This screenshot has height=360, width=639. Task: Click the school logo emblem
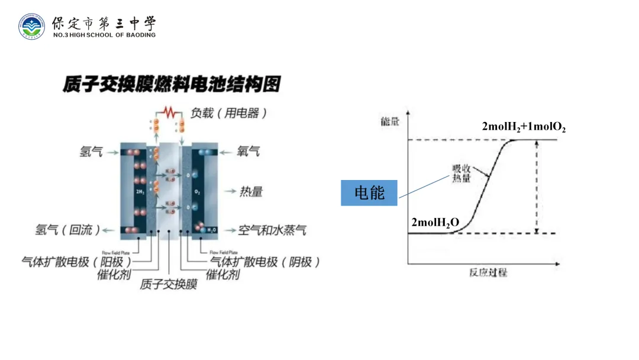pos(31,26)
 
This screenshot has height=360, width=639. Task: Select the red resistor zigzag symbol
pos(170,112)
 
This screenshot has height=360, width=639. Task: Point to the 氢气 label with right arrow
pos(91,152)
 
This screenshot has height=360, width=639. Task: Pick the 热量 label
pos(251,191)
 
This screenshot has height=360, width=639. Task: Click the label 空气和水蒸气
pos(273,230)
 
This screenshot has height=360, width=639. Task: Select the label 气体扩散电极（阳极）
pos(77,261)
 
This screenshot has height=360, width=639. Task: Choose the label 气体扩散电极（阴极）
pos(265,261)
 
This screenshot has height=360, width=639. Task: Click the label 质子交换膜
pos(169,285)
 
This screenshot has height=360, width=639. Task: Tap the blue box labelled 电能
pos(369,192)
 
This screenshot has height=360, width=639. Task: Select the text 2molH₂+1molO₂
pos(524,127)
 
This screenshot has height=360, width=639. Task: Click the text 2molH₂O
pos(435,223)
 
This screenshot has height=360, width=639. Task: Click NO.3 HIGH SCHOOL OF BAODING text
pos(104,35)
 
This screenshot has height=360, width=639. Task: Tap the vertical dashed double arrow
pos(536,187)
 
